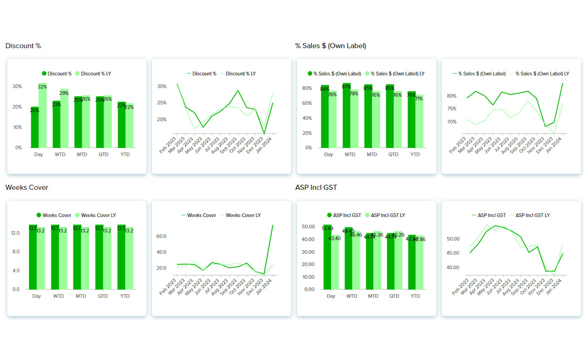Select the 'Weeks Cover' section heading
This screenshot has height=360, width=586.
(27, 187)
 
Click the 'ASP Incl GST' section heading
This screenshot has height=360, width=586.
(316, 187)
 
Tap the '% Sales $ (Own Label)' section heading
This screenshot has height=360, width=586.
(330, 46)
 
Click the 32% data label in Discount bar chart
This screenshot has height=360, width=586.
(42, 87)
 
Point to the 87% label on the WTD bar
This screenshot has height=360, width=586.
(346, 87)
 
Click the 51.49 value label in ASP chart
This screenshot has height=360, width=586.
(327, 228)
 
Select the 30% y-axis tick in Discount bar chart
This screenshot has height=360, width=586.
(17, 86)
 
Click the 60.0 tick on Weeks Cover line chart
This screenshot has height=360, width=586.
(162, 236)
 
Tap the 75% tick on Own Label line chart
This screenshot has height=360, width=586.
(452, 108)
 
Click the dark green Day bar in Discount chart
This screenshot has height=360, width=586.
(34, 128)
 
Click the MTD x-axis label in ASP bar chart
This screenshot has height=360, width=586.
(373, 296)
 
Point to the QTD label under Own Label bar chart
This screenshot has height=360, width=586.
(393, 154)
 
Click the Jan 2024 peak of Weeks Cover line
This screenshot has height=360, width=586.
(272, 225)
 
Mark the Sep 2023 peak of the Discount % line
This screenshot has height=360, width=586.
(238, 90)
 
